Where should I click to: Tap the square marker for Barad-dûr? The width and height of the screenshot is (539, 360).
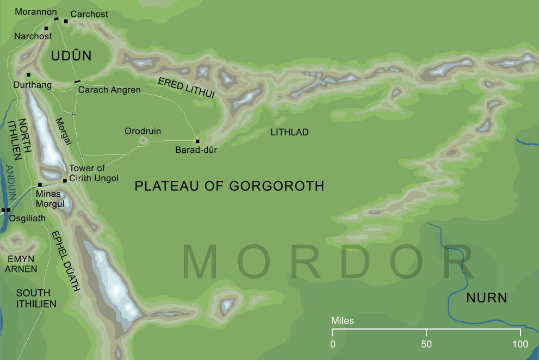coord(197,141)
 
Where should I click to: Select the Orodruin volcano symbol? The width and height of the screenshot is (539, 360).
coord(144,141)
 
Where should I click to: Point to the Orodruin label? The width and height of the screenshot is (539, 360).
coord(143,131)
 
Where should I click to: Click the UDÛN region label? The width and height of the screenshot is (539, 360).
coord(71,56)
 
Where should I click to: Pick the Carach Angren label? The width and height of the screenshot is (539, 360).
coord(109,90)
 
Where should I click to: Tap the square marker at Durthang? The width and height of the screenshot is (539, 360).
coord(28,75)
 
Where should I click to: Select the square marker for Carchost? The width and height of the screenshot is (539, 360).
coord(66,21)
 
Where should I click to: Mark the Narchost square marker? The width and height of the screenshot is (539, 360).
coord(46,28)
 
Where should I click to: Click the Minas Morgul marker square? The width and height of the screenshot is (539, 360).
coord(40,184)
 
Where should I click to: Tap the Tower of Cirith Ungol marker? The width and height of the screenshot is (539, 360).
coord(65,180)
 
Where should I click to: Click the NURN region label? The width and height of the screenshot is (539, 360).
coord(486,298)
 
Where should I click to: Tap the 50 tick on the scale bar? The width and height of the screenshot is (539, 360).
coord(426,333)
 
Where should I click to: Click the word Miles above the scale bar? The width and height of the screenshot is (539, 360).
coord(343,321)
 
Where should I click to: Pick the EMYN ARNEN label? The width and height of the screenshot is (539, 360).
coord(22,264)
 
